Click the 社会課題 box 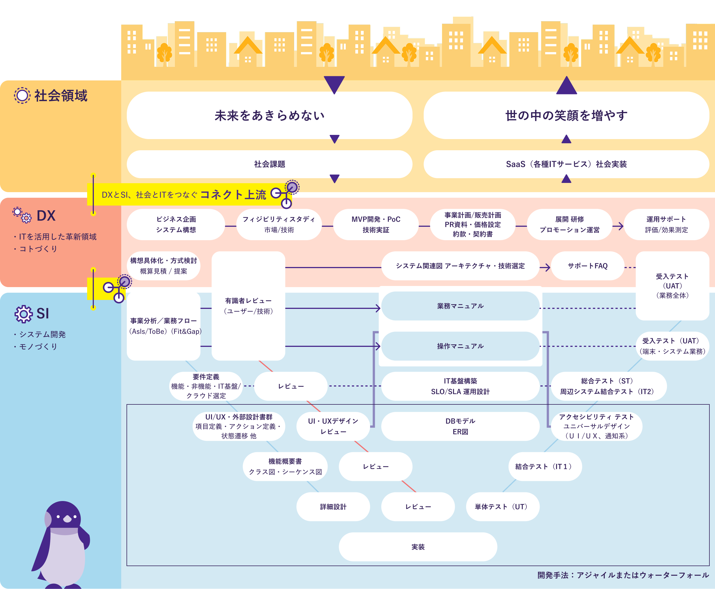coord(270,164)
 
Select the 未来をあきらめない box coord(270,115)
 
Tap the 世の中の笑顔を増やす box coord(566,115)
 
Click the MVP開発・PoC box coord(376,225)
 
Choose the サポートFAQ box coord(587,266)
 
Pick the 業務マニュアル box coord(460,306)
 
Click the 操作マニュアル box coord(460,346)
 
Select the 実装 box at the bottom coord(418,547)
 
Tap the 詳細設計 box coord(333,507)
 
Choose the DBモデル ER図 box coord(460,426)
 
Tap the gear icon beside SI coord(23,314)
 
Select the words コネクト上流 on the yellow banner coord(233,194)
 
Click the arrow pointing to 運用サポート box coord(618,226)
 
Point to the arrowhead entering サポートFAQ coord(547,267)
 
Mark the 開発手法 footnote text coord(623,575)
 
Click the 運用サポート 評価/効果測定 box coord(666,225)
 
